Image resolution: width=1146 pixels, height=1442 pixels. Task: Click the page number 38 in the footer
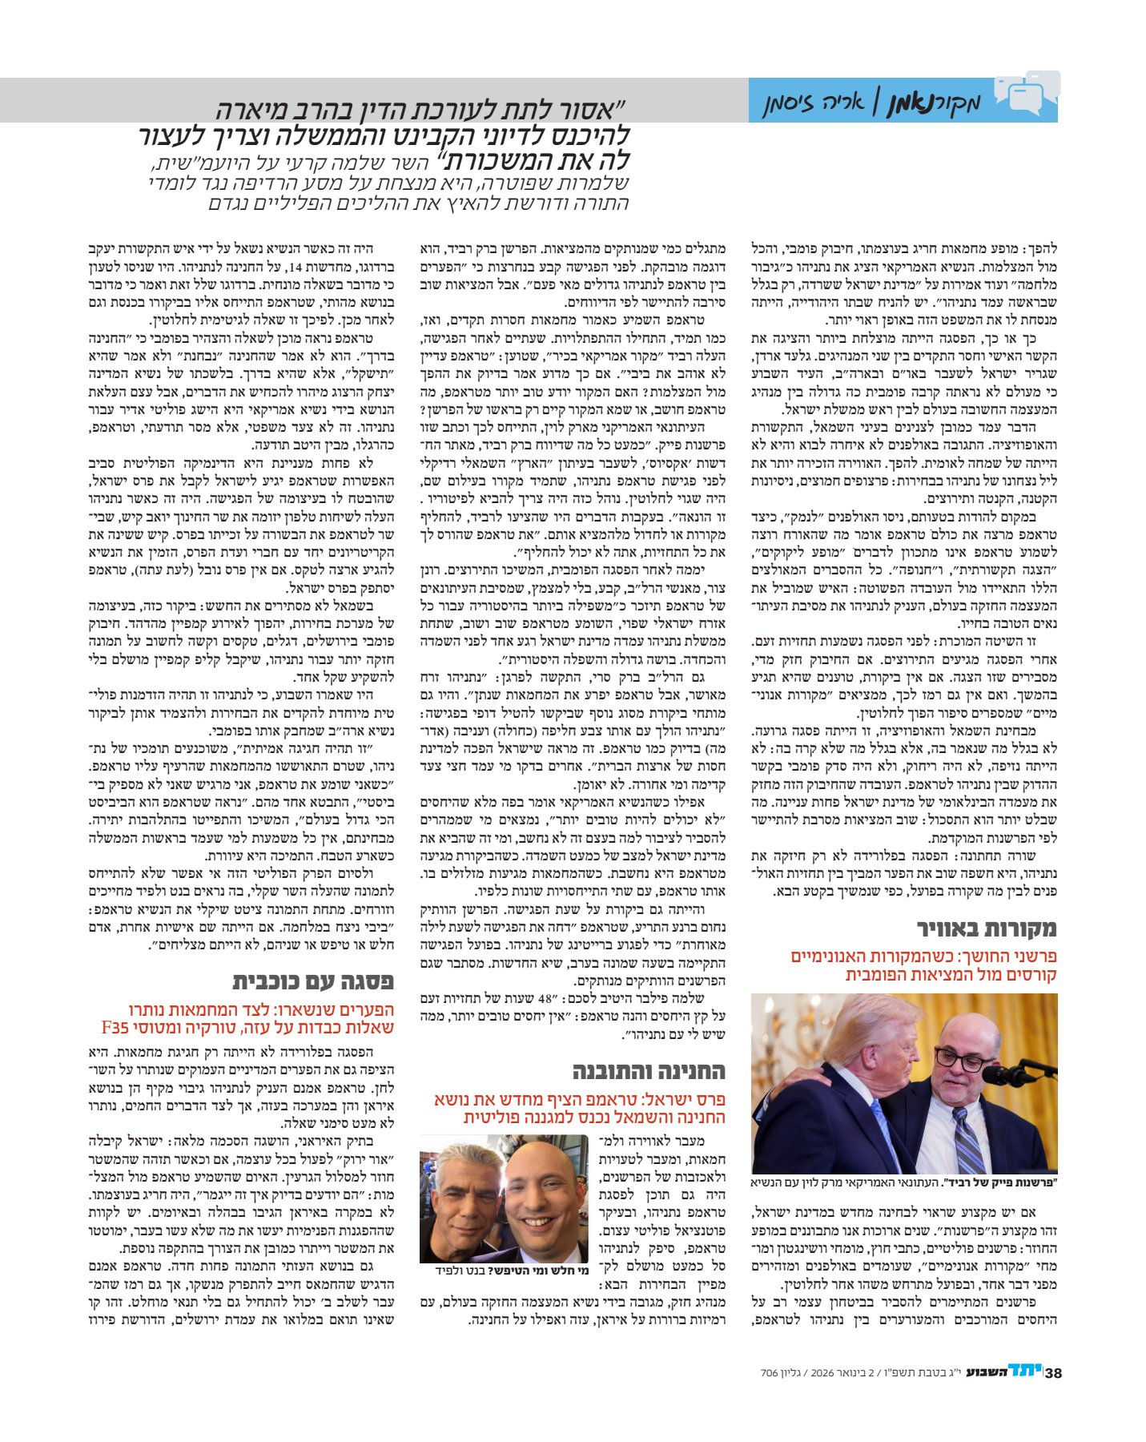[1053, 1373]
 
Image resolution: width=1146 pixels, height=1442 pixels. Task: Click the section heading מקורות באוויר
[987, 929]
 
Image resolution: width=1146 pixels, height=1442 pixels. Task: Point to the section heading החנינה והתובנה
[649, 1071]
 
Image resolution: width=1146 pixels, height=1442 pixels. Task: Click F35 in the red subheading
[116, 1027]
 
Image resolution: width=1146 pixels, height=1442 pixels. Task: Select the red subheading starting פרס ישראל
[580, 1108]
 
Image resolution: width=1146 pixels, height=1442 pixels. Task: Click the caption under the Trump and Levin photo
[904, 1182]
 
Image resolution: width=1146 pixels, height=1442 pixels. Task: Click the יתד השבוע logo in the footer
[1002, 1372]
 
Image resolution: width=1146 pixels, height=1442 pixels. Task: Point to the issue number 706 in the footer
[770, 1373]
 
